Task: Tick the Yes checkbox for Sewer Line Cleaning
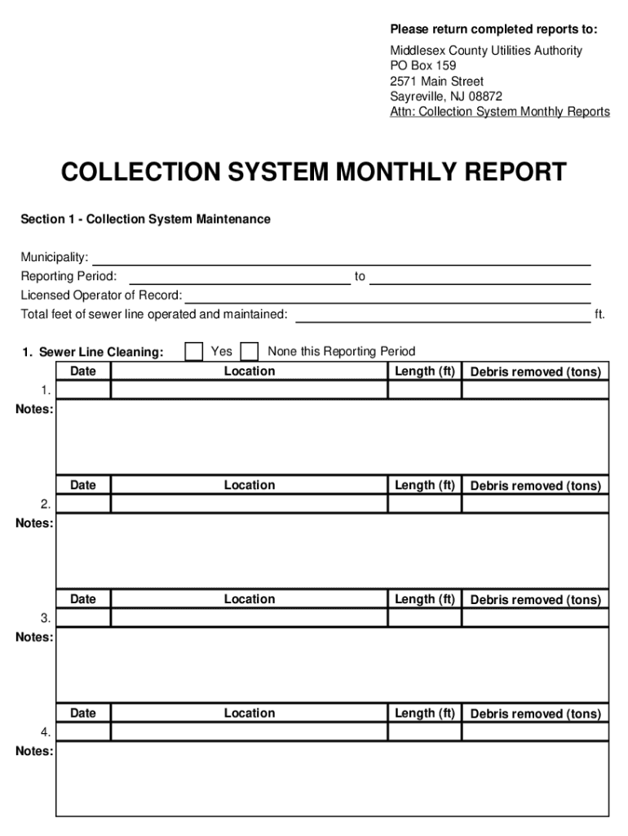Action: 193,352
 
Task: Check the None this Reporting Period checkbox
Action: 250,352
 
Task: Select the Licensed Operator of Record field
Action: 387,295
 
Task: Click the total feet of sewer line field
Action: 442,314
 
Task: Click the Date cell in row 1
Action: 83,389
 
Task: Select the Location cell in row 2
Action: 249,504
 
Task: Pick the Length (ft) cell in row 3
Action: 424,618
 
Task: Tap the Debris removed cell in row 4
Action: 535,731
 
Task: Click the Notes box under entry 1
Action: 332,437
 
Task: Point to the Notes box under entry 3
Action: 332,665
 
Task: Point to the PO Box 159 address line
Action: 422,65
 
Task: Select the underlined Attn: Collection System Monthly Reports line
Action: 499,112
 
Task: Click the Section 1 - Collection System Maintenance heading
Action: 145,220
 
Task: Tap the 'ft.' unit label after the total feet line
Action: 599,314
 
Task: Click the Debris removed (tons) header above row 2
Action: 535,486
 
